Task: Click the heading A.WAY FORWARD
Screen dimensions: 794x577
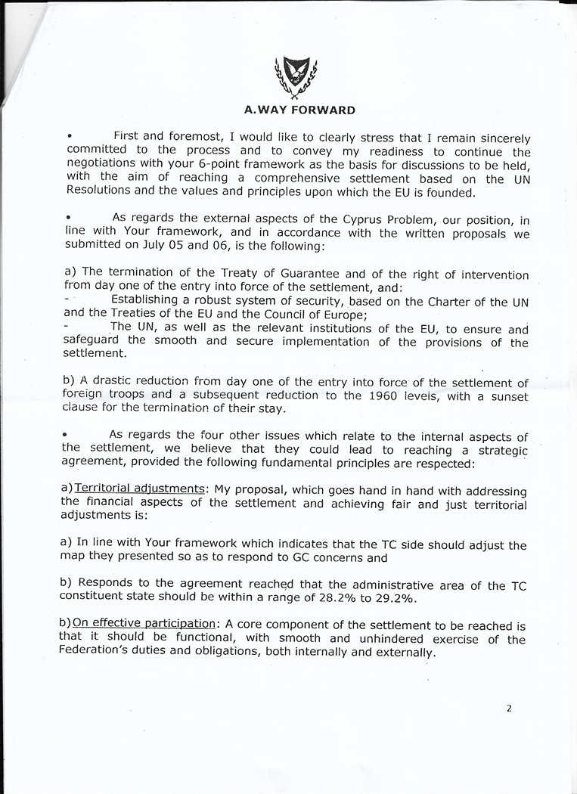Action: [x=299, y=110]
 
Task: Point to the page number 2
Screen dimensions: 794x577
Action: [x=509, y=709]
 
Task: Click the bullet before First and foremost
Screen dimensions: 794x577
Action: [x=69, y=136]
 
